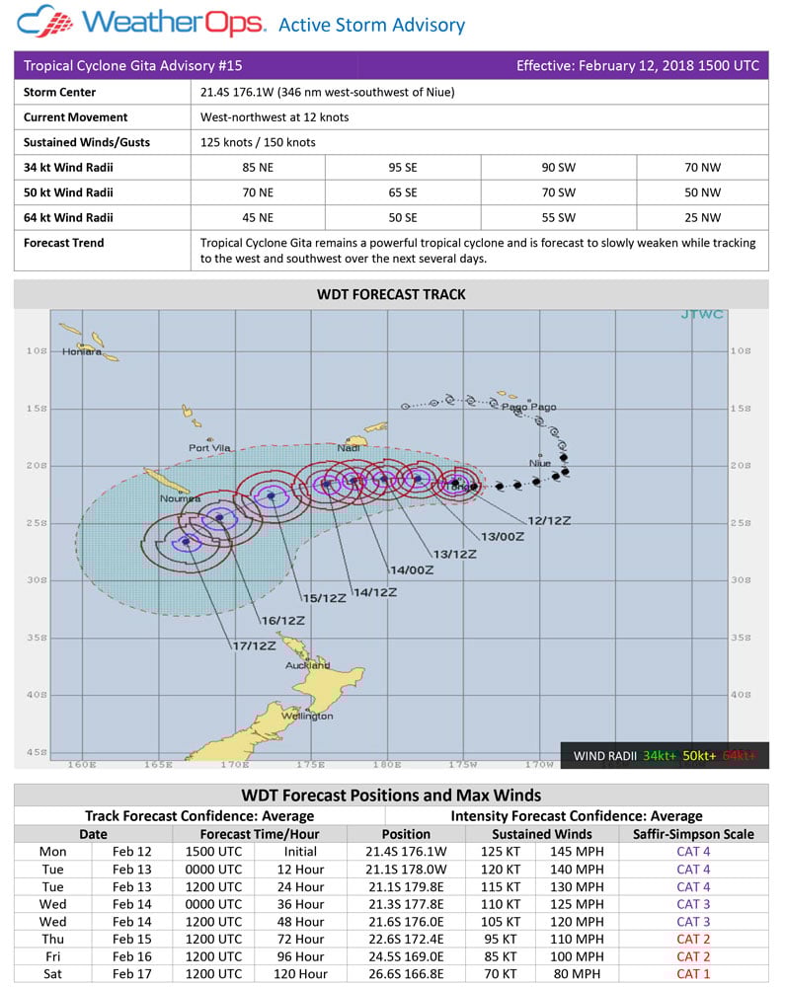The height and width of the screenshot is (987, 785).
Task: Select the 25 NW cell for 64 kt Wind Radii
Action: point(702,217)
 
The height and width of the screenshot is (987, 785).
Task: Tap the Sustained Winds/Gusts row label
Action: point(87,142)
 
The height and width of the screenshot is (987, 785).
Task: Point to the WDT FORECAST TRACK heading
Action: point(391,294)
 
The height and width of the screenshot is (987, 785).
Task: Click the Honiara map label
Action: point(82,351)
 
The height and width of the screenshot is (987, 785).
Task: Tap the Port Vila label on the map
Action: point(209,448)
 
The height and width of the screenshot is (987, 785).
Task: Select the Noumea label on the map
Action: point(181,498)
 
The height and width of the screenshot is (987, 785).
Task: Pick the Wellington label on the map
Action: point(306,717)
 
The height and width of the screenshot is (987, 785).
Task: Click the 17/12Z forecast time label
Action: point(254,645)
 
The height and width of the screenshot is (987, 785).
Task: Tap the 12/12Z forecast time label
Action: point(549,520)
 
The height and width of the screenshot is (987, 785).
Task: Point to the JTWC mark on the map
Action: point(702,315)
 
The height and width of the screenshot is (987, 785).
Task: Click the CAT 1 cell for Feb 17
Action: point(693,974)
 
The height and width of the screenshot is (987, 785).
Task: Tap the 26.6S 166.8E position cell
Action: point(406,974)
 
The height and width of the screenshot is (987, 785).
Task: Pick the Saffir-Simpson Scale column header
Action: point(693,834)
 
